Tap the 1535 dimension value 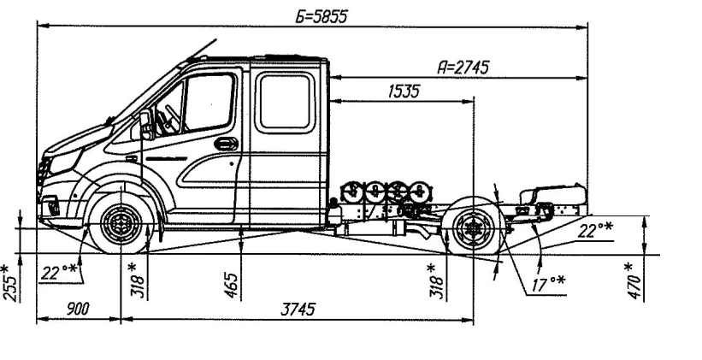[403, 91]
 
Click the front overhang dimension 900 [78, 310]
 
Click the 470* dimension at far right [633, 277]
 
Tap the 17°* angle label [540, 281]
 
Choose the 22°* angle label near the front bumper [59, 273]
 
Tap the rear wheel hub [472, 228]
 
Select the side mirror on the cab [146, 125]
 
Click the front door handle [226, 144]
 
